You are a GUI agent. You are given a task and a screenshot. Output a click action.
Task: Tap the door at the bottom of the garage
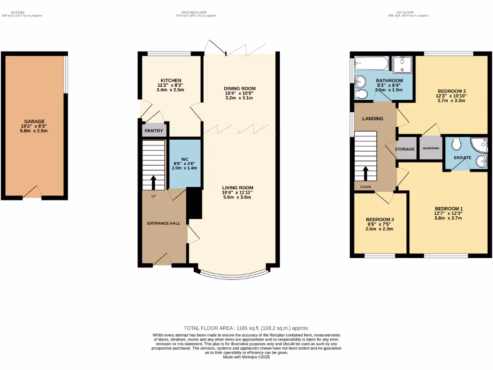32,193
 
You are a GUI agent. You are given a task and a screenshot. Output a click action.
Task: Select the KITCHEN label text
171,80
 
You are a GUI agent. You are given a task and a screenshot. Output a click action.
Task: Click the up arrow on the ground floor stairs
154,183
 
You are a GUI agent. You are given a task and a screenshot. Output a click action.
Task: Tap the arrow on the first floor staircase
365,173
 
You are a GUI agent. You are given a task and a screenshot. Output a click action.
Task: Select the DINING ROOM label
239,89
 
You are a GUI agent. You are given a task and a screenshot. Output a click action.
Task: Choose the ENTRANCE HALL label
164,224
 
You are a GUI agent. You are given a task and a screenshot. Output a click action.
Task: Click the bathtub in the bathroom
370,63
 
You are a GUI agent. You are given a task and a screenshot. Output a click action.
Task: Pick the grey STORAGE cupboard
405,149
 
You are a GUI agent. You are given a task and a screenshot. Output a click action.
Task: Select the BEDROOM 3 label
379,220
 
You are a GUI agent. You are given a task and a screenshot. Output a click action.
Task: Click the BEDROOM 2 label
452,91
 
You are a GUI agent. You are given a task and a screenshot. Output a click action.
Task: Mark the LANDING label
373,119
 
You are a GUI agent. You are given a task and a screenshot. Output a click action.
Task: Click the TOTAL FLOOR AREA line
246,328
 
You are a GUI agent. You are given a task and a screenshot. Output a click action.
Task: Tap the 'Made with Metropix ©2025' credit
246,357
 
